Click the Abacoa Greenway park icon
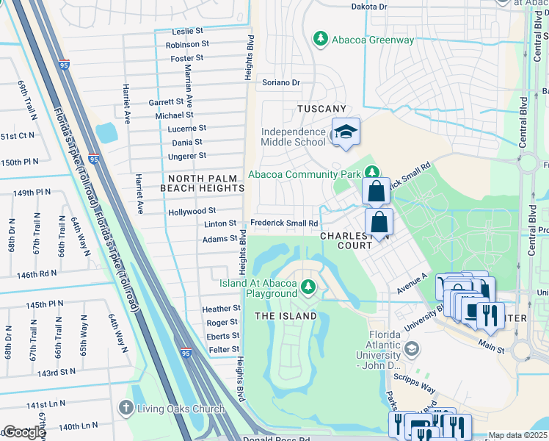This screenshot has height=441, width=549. click(320, 37)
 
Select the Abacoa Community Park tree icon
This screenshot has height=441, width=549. click(374, 173)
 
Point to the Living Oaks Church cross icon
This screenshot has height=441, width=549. click(126, 407)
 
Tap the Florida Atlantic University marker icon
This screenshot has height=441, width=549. click(411, 348)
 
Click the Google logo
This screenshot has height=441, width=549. click(24, 432)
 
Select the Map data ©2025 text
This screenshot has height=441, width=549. click(517, 435)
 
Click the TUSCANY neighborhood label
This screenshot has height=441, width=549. click(321, 109)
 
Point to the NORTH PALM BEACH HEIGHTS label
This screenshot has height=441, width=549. click(203, 183)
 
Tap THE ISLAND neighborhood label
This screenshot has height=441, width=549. click(286, 316)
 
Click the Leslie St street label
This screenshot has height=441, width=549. click(187, 32)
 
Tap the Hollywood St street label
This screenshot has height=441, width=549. click(192, 211)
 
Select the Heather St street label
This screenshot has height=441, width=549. click(222, 309)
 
